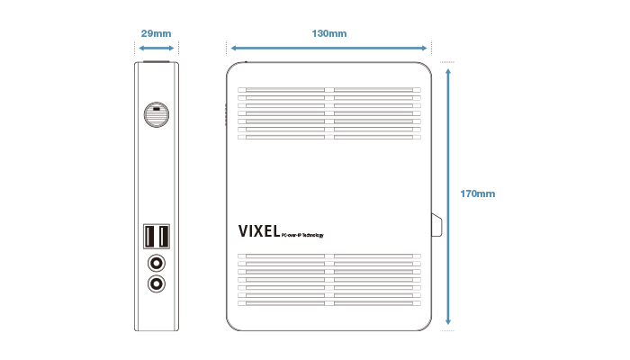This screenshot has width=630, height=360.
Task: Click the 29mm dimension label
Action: coord(157,33)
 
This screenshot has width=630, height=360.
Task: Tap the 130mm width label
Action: coord(329,33)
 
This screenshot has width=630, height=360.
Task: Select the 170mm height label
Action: coord(477,193)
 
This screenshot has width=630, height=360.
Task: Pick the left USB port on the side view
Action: coord(149,237)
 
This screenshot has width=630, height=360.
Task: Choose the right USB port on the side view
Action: coord(164,237)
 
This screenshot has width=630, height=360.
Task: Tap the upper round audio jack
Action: coord(157,263)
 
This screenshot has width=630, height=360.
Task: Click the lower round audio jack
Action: coord(157,283)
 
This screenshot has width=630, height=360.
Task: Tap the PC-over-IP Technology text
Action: coord(301,236)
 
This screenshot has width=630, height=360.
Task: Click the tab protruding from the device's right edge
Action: coord(436,225)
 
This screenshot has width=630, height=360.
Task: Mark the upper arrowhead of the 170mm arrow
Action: coord(447,67)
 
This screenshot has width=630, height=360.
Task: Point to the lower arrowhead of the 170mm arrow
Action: coord(447,322)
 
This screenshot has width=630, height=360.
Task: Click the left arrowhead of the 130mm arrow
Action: coord(233,48)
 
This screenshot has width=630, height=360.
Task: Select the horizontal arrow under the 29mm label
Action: coord(157,48)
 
